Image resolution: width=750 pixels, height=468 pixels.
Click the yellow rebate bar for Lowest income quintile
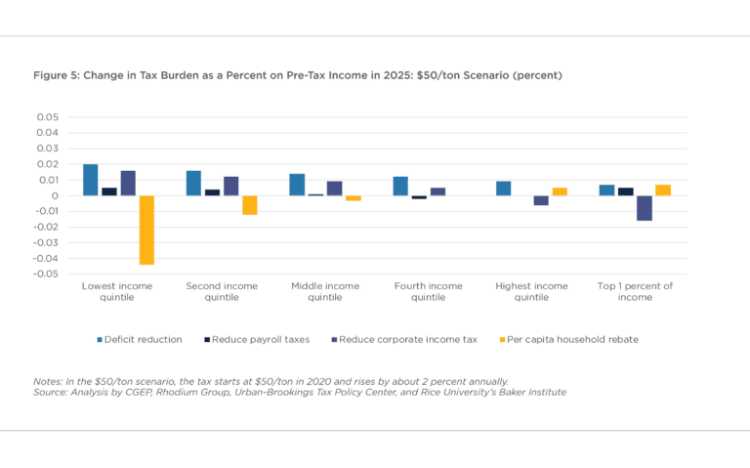[x=146, y=230]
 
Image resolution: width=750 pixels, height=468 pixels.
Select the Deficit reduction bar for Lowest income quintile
[x=90, y=180]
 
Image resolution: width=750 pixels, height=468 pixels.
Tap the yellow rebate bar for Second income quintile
[x=250, y=205]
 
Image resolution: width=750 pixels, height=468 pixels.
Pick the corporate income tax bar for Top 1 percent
[x=645, y=208]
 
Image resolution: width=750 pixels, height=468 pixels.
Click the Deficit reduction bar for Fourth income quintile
[x=400, y=186]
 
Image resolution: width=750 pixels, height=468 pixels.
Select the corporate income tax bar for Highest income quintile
[x=541, y=200]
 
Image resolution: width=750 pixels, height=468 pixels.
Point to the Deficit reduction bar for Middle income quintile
[x=297, y=185]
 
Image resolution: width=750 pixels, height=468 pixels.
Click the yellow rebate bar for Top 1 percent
[x=663, y=190]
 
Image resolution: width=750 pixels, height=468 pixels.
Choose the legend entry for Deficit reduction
[x=139, y=340]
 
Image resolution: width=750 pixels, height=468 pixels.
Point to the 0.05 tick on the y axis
[x=46, y=117]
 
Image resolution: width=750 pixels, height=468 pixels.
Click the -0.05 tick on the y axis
[x=44, y=275]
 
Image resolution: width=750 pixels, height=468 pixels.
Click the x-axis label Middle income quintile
[x=325, y=291]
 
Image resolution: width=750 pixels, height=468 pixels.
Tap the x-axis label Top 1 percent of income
[x=635, y=291]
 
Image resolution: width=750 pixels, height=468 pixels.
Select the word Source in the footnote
[x=51, y=392]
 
